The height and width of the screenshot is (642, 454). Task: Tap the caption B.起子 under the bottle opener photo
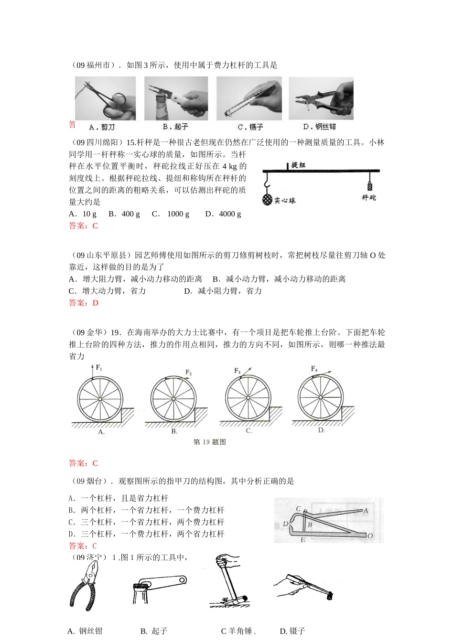tap(175, 127)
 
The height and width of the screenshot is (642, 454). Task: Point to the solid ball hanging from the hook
tap(267, 200)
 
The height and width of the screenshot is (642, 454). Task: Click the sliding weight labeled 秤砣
tap(369, 186)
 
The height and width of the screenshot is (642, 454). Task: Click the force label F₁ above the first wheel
tap(99, 367)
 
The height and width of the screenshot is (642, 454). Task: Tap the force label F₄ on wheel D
tap(314, 369)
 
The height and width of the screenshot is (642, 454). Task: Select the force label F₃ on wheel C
tap(238, 371)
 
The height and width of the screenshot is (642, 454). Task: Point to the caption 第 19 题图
tap(209, 442)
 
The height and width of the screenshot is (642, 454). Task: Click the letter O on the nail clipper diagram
tap(370, 536)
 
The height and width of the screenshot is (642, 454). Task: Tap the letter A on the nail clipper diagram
tap(366, 511)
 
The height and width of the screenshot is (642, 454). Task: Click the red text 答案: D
tap(84, 303)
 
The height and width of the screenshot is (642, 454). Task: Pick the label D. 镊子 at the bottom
tap(292, 631)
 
